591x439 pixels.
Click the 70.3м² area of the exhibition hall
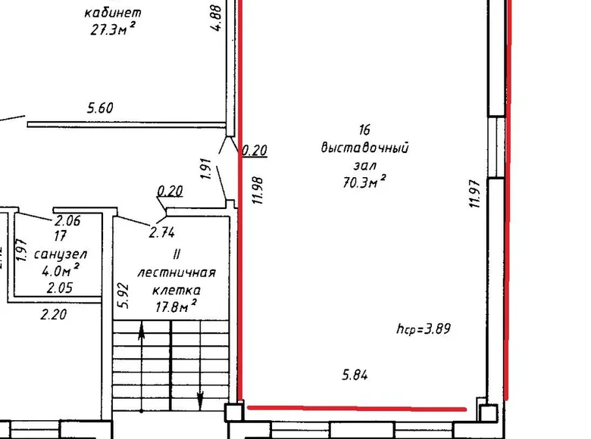pyautogui.click(x=364, y=182)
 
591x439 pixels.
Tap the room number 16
pyautogui.click(x=364, y=129)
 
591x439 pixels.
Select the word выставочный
pyautogui.click(x=364, y=147)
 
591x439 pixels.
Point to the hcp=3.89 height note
pyautogui.click(x=424, y=328)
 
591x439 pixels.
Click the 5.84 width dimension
pyautogui.click(x=355, y=375)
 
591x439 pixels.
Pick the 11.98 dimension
pyautogui.click(x=258, y=191)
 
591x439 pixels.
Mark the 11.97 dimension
pyautogui.click(x=474, y=194)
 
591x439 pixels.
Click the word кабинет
pyautogui.click(x=113, y=13)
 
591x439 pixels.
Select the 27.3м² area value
pyautogui.click(x=113, y=29)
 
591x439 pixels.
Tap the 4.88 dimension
pyautogui.click(x=216, y=17)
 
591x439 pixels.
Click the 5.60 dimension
pyautogui.click(x=100, y=108)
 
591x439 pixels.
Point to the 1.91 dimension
pyautogui.click(x=206, y=168)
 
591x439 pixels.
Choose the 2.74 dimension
pyautogui.click(x=161, y=232)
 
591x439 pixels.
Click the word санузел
pyautogui.click(x=61, y=254)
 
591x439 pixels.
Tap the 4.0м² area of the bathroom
pyautogui.click(x=61, y=270)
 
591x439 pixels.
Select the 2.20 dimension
pyautogui.click(x=54, y=314)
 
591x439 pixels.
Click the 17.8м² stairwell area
pyautogui.click(x=176, y=306)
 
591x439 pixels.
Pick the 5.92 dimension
pyautogui.click(x=124, y=296)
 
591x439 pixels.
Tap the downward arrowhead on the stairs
pyautogui.click(x=201, y=400)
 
